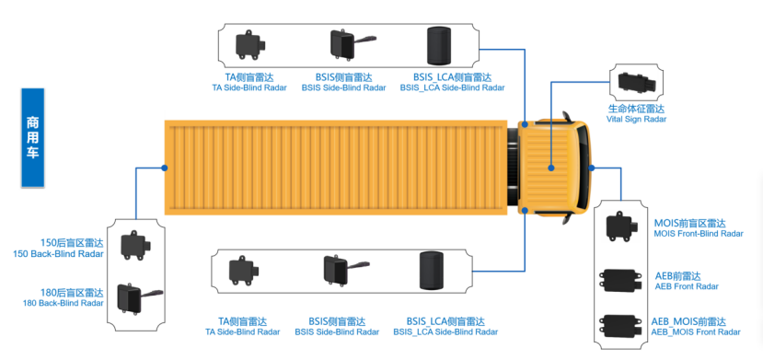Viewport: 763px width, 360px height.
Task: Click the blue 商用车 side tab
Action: coord(33,137)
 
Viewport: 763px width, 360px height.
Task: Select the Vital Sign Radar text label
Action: coord(636,113)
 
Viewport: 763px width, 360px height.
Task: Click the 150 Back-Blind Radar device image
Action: coord(137,246)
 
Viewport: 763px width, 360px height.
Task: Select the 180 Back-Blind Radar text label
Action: coord(65,298)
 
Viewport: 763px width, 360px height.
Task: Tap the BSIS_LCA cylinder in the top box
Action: coord(439,46)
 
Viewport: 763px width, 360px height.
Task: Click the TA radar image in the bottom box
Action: coord(244,271)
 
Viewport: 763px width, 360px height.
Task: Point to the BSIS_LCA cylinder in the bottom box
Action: coord(432,271)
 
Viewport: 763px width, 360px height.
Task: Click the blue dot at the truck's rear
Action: coord(165,168)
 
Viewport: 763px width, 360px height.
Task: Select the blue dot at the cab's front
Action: coord(592,168)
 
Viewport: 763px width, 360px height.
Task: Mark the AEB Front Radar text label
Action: coord(685,281)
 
